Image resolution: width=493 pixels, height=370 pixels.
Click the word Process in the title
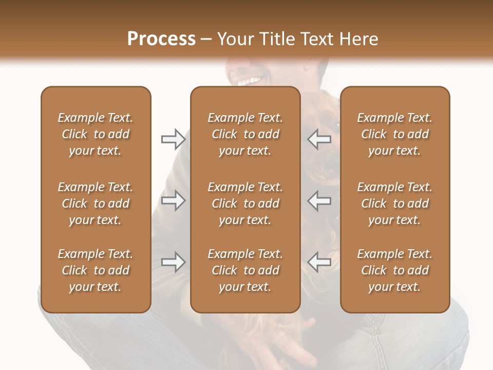tap(161, 39)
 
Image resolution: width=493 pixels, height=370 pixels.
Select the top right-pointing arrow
tap(173, 139)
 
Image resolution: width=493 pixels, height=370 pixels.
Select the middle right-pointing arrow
tap(173, 200)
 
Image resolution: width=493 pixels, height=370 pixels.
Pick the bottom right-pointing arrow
tap(173, 262)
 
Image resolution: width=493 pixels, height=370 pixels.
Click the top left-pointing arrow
tap(319, 139)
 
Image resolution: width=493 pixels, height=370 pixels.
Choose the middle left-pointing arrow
tap(319, 200)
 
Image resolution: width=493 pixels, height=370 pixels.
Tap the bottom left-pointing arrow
tap(319, 262)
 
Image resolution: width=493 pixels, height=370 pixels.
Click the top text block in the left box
tap(96, 134)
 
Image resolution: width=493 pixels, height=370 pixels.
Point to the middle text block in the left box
tap(96, 203)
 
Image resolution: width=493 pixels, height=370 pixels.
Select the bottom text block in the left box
tap(96, 270)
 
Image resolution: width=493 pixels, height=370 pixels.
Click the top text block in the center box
tap(245, 134)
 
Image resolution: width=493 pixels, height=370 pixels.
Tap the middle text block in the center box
tap(245, 203)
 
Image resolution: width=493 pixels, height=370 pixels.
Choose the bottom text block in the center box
tap(245, 270)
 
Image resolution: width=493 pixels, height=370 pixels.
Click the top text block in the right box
tap(394, 134)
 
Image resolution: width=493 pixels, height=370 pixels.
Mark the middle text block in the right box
tap(394, 203)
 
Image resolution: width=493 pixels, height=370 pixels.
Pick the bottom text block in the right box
tap(394, 270)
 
